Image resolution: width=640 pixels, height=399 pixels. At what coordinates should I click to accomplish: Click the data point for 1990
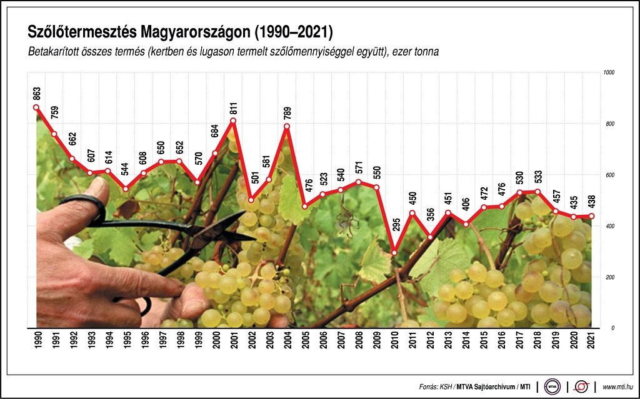point(36,107)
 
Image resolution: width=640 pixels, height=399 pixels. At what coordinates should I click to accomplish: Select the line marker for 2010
point(394,253)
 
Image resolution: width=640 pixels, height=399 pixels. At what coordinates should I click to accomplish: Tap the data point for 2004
point(287,127)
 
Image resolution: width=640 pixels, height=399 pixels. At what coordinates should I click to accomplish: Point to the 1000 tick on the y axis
point(609,73)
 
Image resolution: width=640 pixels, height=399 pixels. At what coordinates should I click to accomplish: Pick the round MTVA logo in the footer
point(552,387)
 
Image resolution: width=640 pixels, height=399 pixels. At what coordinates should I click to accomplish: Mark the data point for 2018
point(538,192)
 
